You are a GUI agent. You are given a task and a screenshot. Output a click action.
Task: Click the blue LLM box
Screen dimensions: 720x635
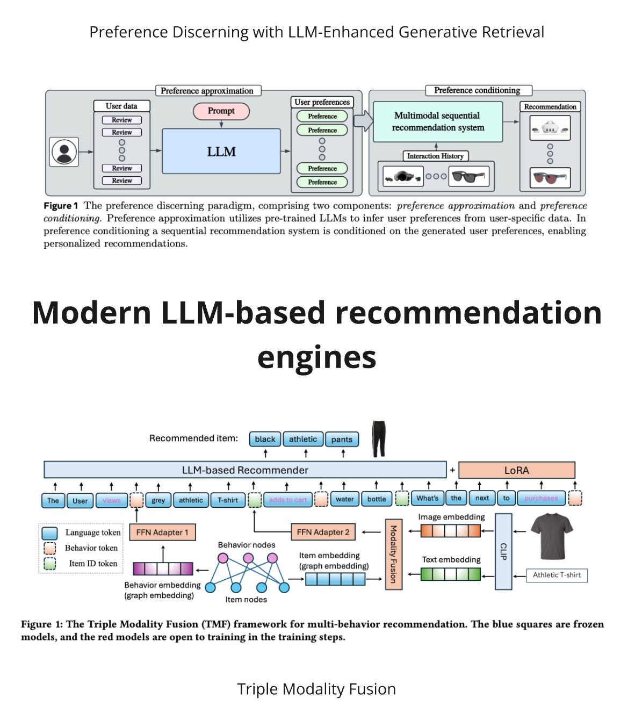tap(221, 152)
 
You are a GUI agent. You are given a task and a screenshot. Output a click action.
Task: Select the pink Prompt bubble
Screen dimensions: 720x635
tap(221, 111)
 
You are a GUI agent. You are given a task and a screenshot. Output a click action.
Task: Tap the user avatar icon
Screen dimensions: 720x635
tap(64, 152)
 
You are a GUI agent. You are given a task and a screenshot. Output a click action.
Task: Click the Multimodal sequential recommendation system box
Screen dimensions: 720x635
tap(438, 122)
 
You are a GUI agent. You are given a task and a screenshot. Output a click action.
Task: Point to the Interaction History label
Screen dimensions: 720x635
tap(435, 156)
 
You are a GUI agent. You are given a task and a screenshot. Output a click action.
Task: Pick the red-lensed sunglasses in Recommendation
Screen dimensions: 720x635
tap(550, 177)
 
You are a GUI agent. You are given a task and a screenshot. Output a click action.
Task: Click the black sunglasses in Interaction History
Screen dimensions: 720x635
tap(469, 176)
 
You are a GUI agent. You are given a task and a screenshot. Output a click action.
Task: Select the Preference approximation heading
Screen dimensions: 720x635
tap(207, 91)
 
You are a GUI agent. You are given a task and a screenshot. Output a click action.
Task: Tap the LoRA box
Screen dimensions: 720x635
tap(516, 470)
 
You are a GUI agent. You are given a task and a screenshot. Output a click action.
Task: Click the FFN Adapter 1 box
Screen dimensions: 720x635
tap(162, 532)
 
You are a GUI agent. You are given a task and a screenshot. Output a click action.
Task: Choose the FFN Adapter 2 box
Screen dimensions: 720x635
tap(323, 532)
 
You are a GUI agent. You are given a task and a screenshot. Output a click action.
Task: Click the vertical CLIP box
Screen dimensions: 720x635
tap(503, 551)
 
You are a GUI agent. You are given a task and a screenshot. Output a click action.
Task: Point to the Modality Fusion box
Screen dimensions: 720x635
tap(393, 554)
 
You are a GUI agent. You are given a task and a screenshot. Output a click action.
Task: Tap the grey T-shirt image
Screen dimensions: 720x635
tap(552, 536)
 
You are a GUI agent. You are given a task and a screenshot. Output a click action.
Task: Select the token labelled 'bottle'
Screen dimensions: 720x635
tap(377, 499)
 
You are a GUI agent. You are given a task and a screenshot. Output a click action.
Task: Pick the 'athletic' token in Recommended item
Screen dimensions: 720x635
tap(303, 439)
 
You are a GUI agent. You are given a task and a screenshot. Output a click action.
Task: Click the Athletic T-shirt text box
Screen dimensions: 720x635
tap(557, 575)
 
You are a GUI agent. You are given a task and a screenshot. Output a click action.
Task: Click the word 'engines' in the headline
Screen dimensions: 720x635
tap(316, 357)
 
